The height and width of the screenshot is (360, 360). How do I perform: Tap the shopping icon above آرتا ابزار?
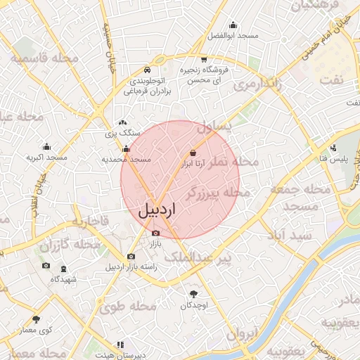click(x=193, y=152)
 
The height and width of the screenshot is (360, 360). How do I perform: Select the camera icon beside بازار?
click(x=155, y=233)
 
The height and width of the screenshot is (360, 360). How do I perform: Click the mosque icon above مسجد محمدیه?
click(x=126, y=148)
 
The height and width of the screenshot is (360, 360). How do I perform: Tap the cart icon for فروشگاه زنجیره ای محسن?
click(x=204, y=59)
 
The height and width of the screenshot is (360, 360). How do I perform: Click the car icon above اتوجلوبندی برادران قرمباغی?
click(x=146, y=70)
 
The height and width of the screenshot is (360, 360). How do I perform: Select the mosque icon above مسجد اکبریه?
click(x=46, y=146)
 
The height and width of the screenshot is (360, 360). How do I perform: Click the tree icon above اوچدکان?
click(x=193, y=294)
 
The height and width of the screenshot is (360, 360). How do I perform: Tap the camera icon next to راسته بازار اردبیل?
click(x=131, y=257)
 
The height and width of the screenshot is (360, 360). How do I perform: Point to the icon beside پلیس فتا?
click(x=333, y=148)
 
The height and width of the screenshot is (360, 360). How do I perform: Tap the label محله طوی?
click(x=127, y=306)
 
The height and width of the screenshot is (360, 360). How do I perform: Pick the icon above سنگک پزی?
click(x=122, y=122)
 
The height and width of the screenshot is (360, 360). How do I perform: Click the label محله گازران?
click(x=70, y=245)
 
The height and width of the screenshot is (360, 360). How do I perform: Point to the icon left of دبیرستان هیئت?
click(x=120, y=345)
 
